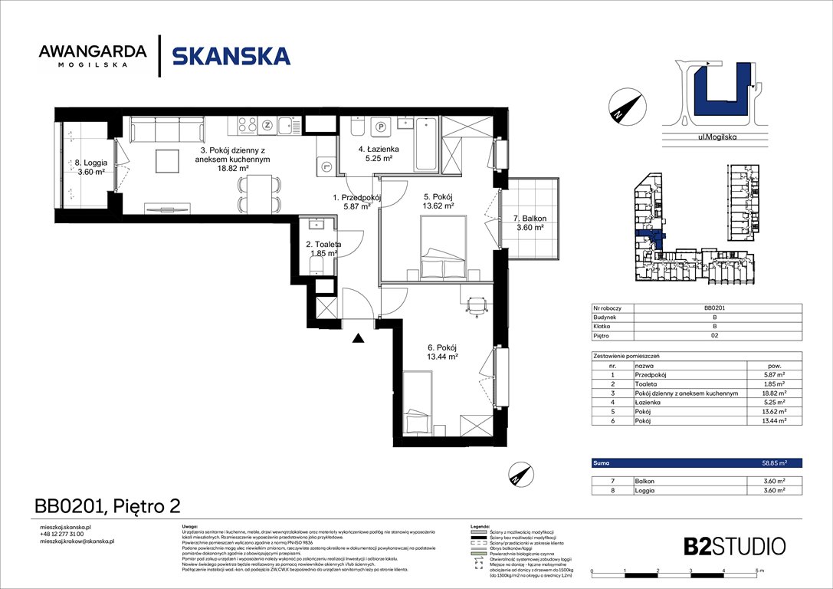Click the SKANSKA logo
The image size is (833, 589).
click(231, 56)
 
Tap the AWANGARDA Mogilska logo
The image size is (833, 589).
click(93, 56)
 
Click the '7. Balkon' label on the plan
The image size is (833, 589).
click(528, 222)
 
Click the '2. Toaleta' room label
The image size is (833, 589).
click(323, 248)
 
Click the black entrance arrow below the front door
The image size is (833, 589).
click(358, 337)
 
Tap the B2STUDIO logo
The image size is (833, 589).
click(734, 546)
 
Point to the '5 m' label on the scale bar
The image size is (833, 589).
click(758, 571)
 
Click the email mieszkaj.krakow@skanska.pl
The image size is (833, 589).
click(77, 541)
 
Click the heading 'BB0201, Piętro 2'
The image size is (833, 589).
click(107, 506)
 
